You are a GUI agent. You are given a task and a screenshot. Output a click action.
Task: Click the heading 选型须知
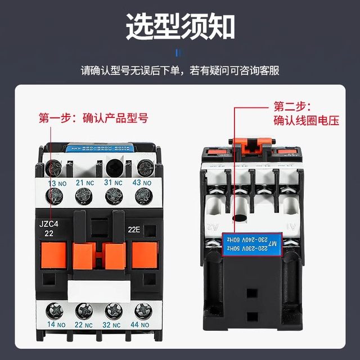(x=180, y=26)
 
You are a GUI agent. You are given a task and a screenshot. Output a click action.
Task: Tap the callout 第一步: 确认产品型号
(x=93, y=118)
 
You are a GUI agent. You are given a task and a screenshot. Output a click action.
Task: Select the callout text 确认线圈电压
(x=306, y=120)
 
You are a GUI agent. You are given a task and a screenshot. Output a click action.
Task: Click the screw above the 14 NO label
(x=56, y=309)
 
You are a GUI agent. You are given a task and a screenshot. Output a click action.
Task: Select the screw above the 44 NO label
(x=143, y=309)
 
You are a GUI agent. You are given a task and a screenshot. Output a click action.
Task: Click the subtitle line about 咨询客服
(x=180, y=71)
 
